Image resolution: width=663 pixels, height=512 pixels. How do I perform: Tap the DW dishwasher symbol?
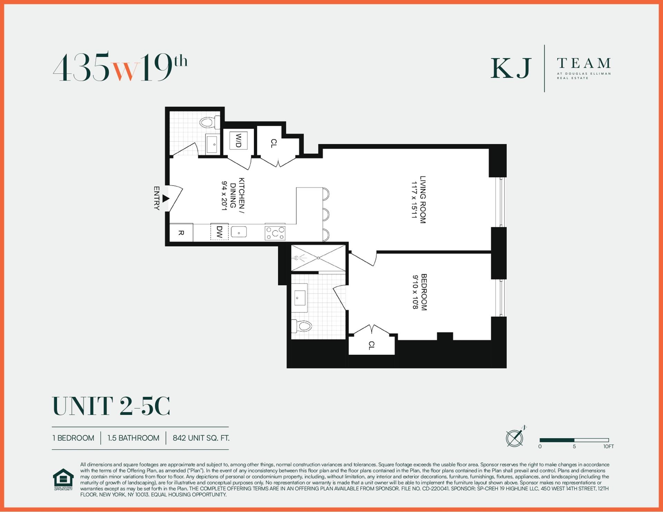point(219,232)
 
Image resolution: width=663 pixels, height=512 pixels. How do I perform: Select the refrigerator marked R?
point(181,233)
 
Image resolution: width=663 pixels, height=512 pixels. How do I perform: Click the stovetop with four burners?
point(275,233)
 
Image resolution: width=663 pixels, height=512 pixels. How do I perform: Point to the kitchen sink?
point(239,232)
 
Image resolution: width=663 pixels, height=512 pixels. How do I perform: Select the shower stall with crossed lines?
point(318,258)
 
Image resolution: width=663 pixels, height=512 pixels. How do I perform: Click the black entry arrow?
point(166,199)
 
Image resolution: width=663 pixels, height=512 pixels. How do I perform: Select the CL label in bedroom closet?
point(371,345)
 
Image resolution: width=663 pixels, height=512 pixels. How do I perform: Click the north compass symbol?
point(515,437)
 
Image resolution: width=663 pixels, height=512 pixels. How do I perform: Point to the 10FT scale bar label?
point(608,446)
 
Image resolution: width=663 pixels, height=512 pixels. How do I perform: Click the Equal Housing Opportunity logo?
point(63,479)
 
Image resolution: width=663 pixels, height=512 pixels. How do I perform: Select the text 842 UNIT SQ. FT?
point(201,438)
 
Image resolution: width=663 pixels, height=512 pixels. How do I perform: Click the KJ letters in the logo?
point(510,68)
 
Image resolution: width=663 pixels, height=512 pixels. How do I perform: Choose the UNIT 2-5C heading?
point(111,406)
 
